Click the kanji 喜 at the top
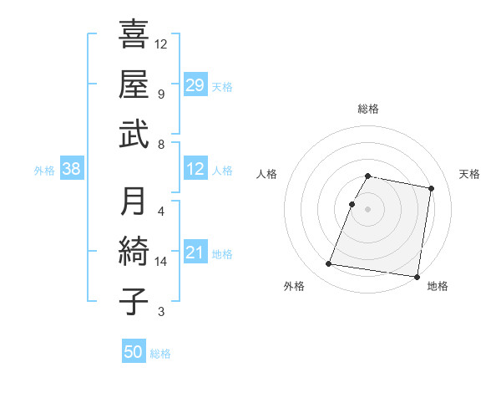click(x=134, y=35)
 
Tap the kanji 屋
click(x=134, y=84)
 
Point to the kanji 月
click(x=134, y=202)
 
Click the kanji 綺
click(x=134, y=252)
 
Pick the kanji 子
click(x=134, y=301)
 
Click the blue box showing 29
click(x=195, y=84)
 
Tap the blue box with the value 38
click(x=72, y=170)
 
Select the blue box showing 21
click(x=195, y=253)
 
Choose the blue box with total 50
click(x=134, y=352)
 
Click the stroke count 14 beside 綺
click(x=162, y=262)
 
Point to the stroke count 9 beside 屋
click(x=160, y=94)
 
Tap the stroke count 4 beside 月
click(x=160, y=211)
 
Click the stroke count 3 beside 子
click(x=160, y=312)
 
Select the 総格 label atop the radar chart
click(x=368, y=109)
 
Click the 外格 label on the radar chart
click(x=293, y=286)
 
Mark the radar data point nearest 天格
click(x=432, y=189)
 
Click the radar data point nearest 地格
click(x=417, y=276)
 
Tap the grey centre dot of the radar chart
click(x=368, y=209)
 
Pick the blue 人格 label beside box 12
click(x=222, y=170)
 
